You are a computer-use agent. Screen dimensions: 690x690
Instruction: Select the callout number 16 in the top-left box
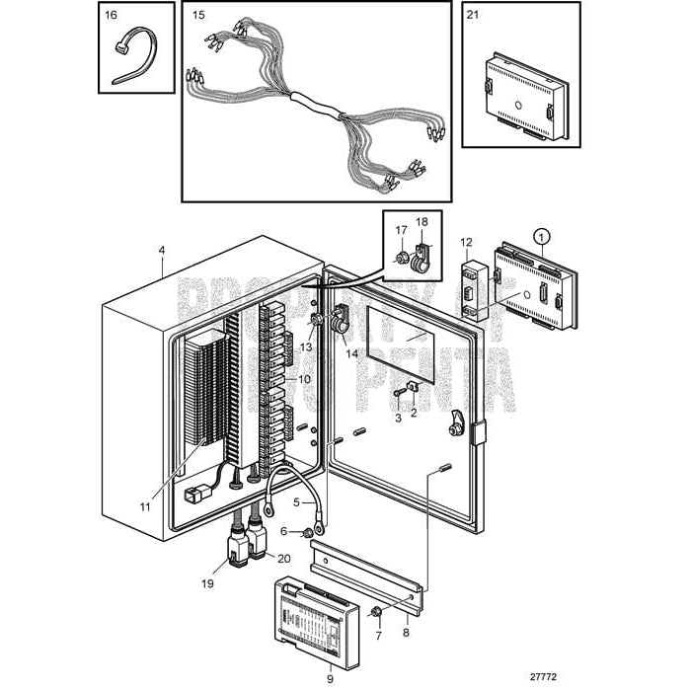[x=111, y=15]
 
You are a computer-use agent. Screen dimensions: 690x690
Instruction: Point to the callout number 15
[x=198, y=15]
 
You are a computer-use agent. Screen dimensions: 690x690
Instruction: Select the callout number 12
[x=466, y=241]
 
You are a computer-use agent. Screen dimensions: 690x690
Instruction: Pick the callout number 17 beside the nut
[x=401, y=230]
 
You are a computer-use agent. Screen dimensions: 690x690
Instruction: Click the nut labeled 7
[x=376, y=613]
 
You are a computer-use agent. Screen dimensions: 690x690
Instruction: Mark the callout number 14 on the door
[x=351, y=352]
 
